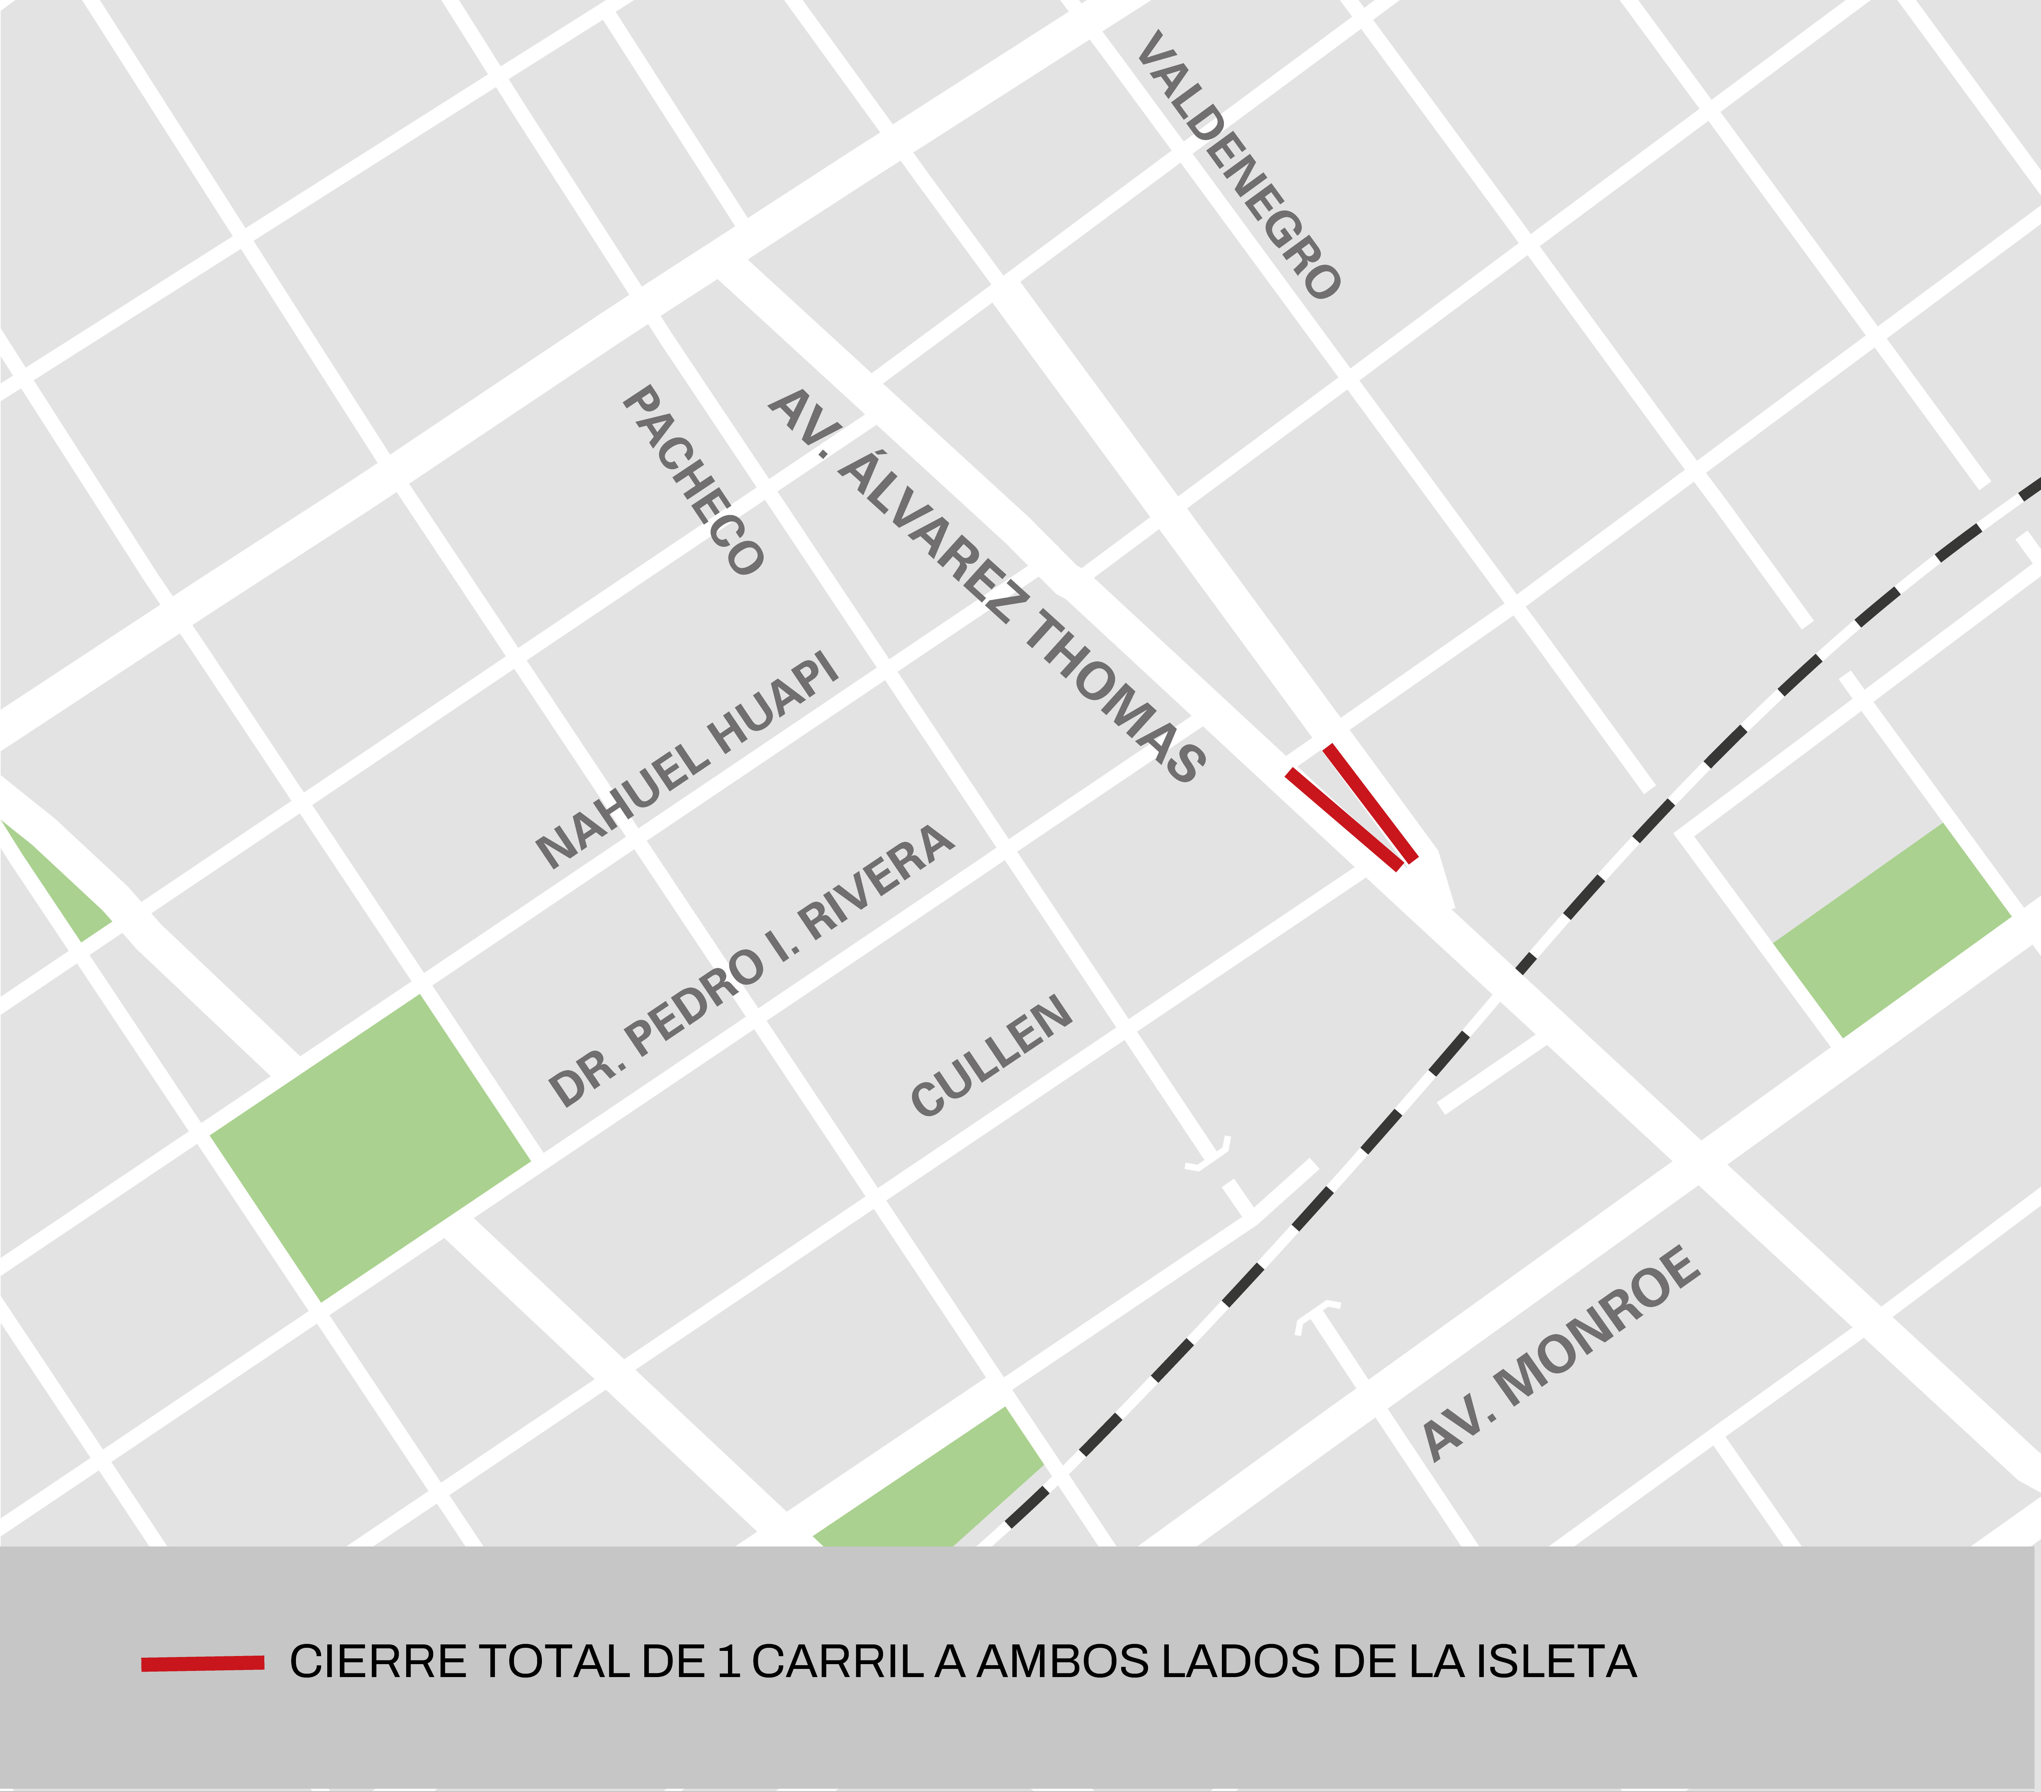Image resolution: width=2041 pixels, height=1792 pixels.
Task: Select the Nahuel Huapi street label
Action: point(687,761)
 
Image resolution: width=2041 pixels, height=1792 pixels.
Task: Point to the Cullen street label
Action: point(992,1056)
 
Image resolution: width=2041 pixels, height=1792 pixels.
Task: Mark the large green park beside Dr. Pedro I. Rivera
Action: point(369,1148)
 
